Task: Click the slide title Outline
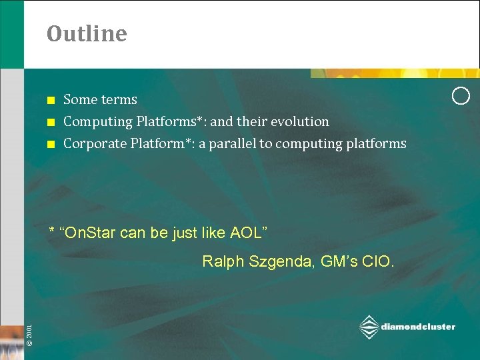(x=87, y=33)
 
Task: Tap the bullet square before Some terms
(x=50, y=101)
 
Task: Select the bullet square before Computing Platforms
(x=50, y=123)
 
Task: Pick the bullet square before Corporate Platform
(x=50, y=145)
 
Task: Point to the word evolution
(x=300, y=122)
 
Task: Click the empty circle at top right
(x=461, y=96)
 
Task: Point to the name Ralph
(x=221, y=261)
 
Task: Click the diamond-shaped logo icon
(x=369, y=327)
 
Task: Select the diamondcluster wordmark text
(x=418, y=327)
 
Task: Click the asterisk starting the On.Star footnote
(x=53, y=231)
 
